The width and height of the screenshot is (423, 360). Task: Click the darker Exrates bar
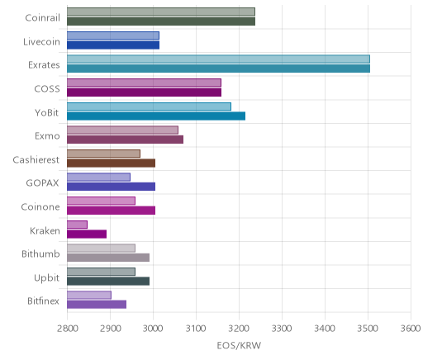(x=218, y=69)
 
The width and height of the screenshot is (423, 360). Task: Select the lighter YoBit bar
(x=149, y=107)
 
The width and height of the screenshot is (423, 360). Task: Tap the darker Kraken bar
(x=87, y=234)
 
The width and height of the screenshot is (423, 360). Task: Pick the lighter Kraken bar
(x=77, y=225)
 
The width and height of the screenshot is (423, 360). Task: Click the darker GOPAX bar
(x=111, y=187)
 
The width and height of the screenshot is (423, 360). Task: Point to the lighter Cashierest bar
(x=103, y=154)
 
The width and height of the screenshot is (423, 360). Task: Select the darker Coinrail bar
(x=161, y=21)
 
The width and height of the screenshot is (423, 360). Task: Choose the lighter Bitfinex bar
(x=89, y=295)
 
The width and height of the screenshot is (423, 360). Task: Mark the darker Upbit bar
(x=108, y=282)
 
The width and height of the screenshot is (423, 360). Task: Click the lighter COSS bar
(x=144, y=83)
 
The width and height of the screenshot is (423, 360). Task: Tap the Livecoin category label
(x=41, y=42)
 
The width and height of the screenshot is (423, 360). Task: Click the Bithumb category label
(x=40, y=253)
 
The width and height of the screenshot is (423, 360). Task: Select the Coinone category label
(x=40, y=206)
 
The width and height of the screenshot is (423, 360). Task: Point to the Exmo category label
(x=47, y=136)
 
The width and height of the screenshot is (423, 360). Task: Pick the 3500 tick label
(x=368, y=329)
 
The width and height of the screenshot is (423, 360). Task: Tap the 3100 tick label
(x=196, y=329)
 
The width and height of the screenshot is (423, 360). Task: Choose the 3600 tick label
(x=411, y=329)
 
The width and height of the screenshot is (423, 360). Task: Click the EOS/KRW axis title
(x=239, y=345)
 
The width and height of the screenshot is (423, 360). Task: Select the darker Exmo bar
(x=125, y=140)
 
